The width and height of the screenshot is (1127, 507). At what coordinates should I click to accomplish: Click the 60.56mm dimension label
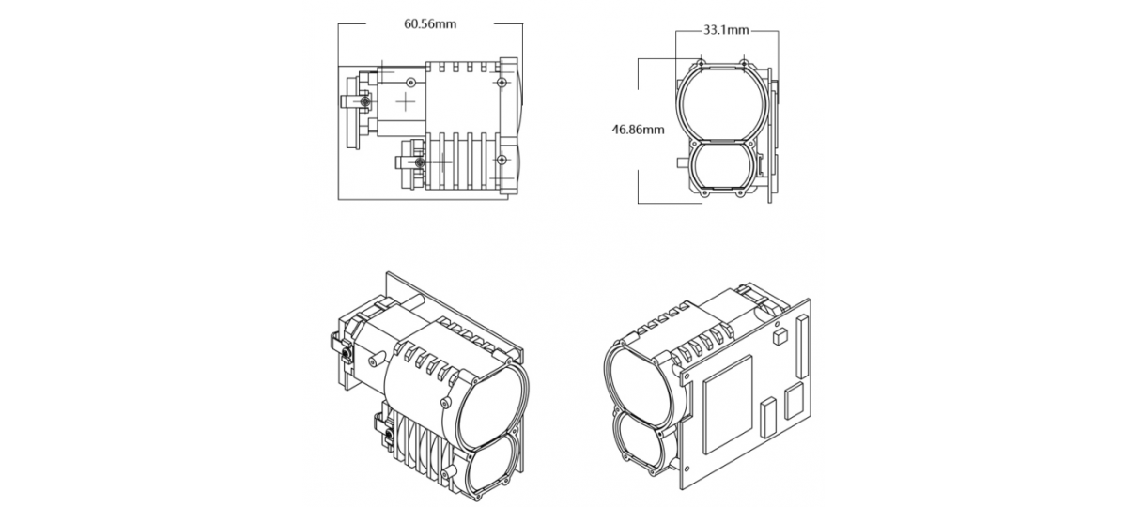(430, 23)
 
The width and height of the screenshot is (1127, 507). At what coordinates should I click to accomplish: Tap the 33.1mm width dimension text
(726, 30)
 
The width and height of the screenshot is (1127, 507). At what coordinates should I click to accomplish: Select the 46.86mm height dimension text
(638, 130)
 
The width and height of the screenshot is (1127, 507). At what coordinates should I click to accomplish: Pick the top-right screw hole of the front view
(744, 64)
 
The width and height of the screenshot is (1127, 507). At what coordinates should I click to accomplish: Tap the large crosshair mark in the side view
(406, 100)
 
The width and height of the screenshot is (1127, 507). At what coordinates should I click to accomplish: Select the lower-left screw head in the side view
(420, 163)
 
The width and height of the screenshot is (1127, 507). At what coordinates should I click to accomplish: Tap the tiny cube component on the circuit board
(778, 335)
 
